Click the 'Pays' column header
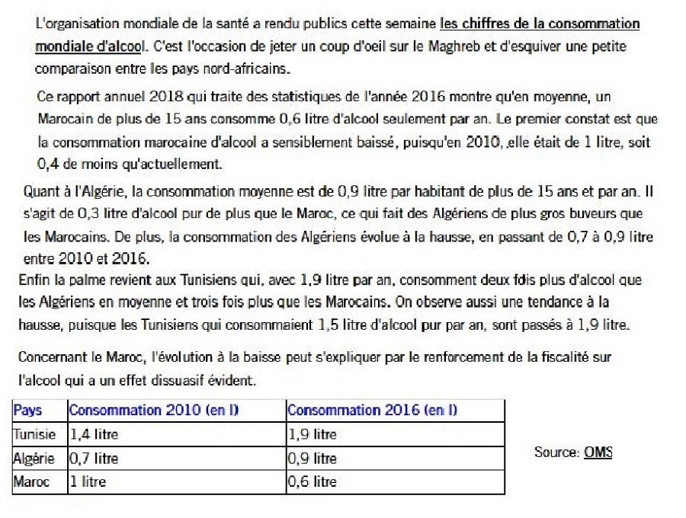[27, 410]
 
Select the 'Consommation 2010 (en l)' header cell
[154, 410]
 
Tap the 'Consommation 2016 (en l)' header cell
[372, 410]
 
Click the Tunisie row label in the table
[34, 434]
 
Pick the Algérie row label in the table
[34, 459]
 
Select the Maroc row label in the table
[31, 481]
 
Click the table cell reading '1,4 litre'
[94, 434]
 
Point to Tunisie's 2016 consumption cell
[312, 434]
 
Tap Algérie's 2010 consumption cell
[94, 459]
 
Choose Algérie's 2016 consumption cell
[312, 459]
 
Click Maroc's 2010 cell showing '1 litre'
[88, 481]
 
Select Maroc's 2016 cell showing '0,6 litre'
[312, 481]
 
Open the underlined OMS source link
[598, 452]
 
